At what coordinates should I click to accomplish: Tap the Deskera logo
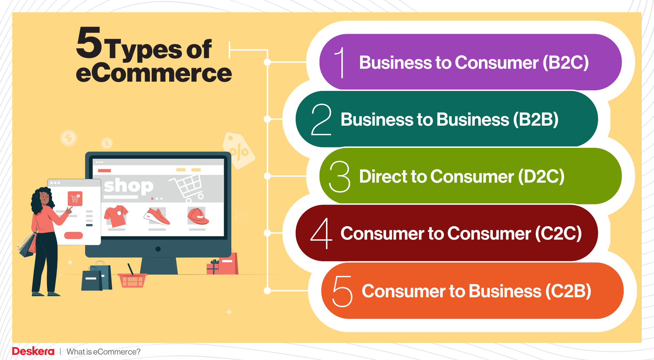coord(33,351)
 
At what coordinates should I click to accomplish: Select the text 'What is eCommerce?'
coord(104,352)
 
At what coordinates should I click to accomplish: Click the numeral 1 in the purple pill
coord(340,62)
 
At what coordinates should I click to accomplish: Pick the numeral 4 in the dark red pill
coord(321,233)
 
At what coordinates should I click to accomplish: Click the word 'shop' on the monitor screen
coord(128,186)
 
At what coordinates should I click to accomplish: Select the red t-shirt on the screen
coord(116,216)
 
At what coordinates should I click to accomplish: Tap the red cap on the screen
coord(198,216)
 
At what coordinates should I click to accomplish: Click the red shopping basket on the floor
coord(132,280)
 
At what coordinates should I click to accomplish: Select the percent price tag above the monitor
coord(239,151)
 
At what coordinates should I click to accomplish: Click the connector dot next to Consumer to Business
coord(267,291)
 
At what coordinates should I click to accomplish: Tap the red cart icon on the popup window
coord(75,199)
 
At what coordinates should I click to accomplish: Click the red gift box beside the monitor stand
coord(213,267)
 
